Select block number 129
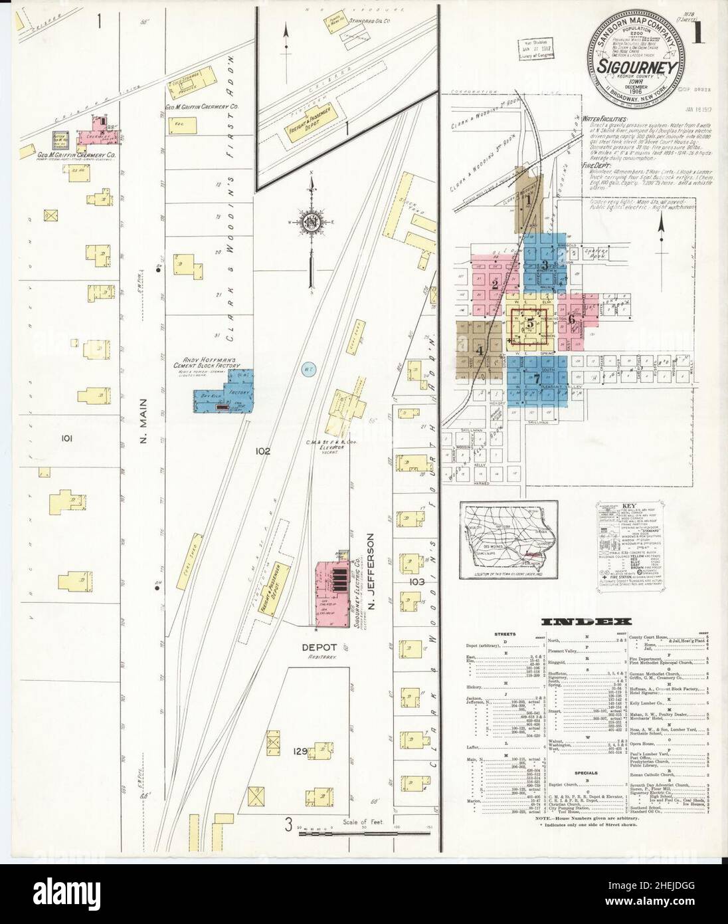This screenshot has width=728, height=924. [299, 752]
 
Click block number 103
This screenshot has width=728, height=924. [416, 581]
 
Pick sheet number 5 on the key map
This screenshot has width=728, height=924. [529, 323]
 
